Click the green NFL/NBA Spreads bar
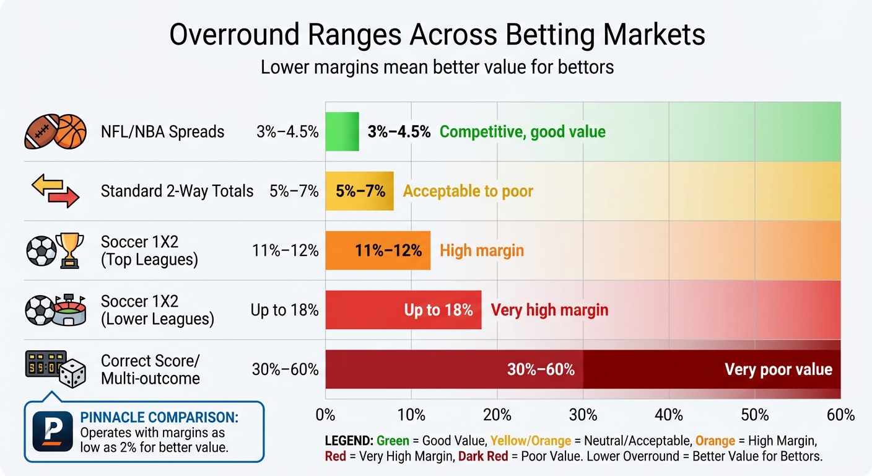click(x=342, y=131)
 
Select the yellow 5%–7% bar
click(x=359, y=191)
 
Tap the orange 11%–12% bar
click(x=378, y=250)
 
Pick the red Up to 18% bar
click(x=403, y=310)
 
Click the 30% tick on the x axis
click(x=583, y=415)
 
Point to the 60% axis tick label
click(x=840, y=415)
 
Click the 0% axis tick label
click(x=326, y=415)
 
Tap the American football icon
click(x=41, y=131)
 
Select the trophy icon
click(x=69, y=250)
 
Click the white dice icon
click(x=72, y=374)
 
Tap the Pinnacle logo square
click(x=53, y=431)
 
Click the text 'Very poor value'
click(x=778, y=370)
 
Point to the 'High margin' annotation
click(x=482, y=250)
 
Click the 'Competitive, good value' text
click(x=522, y=131)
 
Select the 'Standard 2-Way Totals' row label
click(x=177, y=191)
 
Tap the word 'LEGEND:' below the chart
click(x=349, y=441)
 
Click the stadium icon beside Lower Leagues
click(x=71, y=310)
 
